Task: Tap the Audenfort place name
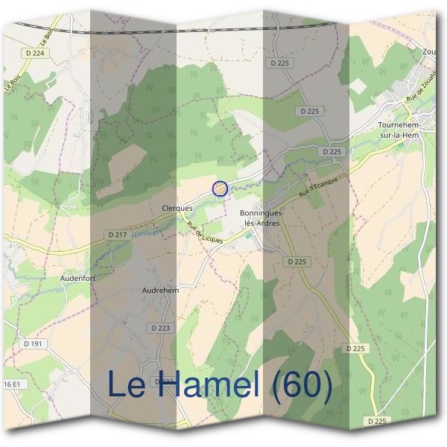(x=77, y=277)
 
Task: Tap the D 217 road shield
(x=117, y=235)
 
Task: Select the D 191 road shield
(x=32, y=343)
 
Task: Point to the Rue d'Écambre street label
(x=318, y=188)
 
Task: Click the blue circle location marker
(x=220, y=188)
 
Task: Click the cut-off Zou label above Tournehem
(x=428, y=52)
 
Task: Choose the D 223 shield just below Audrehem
(x=160, y=327)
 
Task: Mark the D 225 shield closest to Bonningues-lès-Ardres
(x=297, y=261)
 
